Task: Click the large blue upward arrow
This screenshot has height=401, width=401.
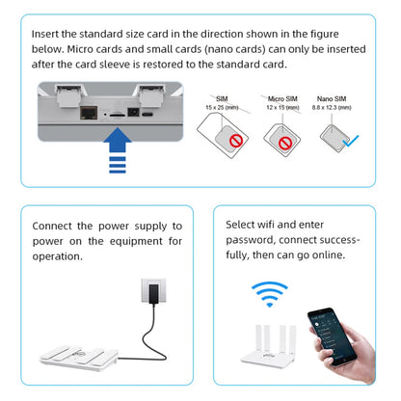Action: [117, 151]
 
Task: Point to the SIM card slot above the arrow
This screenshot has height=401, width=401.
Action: [118, 113]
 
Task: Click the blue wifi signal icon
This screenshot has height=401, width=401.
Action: [269, 293]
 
